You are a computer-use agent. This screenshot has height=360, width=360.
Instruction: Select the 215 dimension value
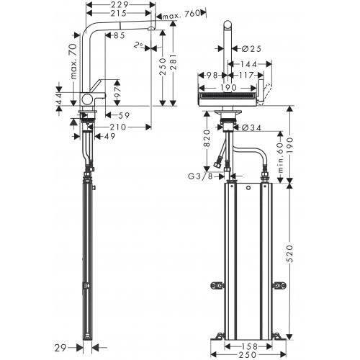tap(118, 13)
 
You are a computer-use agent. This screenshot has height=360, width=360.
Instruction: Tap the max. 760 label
tap(181, 14)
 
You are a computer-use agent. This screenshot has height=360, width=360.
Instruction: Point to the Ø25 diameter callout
tap(251, 49)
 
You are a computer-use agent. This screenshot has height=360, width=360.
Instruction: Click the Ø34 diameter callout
tap(251, 128)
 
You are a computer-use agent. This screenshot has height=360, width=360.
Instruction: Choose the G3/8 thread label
tap(200, 176)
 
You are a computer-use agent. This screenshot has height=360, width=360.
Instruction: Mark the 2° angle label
tap(138, 45)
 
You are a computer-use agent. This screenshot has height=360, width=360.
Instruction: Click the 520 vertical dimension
tap(289, 254)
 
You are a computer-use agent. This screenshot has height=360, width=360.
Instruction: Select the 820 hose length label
tap(207, 138)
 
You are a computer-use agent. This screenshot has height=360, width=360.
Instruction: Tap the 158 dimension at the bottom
tap(248, 347)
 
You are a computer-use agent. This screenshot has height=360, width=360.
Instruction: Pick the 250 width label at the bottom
tap(248, 355)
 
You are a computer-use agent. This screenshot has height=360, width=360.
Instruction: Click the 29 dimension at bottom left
tap(60, 348)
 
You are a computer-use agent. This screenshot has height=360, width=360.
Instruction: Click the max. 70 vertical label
tap(74, 61)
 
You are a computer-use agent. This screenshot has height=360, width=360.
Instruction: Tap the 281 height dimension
tap(173, 62)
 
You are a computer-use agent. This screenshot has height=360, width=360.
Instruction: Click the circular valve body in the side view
tap(87, 99)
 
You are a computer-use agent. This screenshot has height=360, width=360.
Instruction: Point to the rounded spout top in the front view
tap(228, 25)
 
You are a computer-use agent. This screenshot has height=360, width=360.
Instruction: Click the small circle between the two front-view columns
tap(248, 188)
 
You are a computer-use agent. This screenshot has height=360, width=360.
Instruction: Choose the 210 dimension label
tap(118, 127)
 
